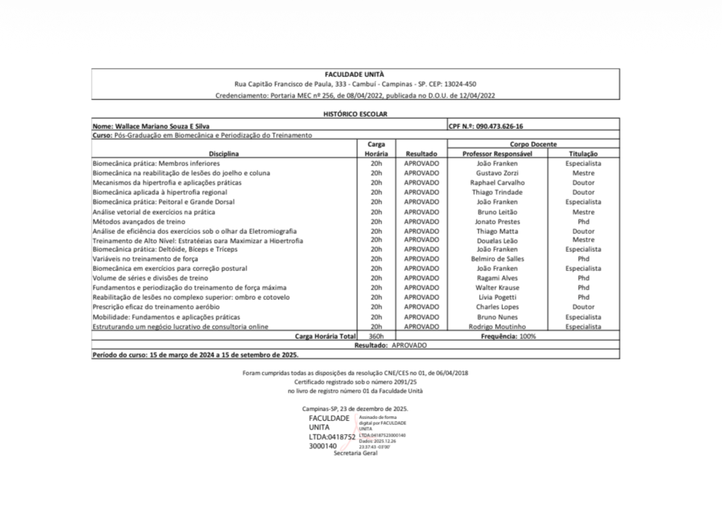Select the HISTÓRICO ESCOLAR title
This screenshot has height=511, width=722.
click(355, 114)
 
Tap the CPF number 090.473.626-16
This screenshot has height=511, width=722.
click(499, 126)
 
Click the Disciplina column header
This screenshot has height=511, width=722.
click(224, 154)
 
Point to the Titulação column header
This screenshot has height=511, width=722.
click(583, 154)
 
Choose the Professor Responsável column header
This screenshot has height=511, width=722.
click(497, 154)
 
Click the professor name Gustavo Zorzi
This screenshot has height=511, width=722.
click(497, 173)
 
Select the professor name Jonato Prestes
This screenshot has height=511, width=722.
click(497, 222)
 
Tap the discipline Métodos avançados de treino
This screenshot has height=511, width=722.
click(139, 222)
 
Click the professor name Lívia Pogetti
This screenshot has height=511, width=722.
click(497, 297)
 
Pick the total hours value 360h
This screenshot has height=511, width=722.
click(376, 336)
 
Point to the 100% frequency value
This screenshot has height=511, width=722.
click(527, 336)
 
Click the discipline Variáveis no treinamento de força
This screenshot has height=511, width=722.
click(145, 259)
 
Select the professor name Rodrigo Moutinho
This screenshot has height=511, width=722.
click(497, 327)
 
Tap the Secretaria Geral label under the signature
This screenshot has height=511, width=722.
click(355, 453)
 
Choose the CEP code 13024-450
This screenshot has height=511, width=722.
click(460, 84)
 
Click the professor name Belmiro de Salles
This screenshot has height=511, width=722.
click(497, 259)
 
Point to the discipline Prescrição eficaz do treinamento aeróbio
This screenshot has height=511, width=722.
click(156, 307)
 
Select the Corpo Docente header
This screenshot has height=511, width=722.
click(533, 144)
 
